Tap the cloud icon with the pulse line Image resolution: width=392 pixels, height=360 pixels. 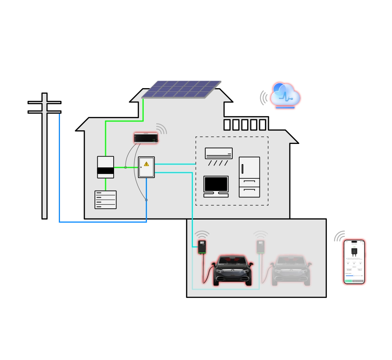285,95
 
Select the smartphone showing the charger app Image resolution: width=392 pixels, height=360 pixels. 354,261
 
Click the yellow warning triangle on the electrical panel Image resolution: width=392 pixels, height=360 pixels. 146,163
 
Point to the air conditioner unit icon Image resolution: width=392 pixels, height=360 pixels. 219,153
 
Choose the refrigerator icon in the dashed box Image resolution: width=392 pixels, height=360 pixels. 249,177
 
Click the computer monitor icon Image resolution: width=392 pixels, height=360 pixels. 216,185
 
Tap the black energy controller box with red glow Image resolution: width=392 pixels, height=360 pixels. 146,138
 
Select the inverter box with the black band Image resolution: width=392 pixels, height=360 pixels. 105,167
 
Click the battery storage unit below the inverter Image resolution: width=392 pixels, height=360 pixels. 105,200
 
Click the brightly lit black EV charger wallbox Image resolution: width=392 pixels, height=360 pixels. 202,247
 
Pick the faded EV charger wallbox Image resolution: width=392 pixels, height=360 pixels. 260,246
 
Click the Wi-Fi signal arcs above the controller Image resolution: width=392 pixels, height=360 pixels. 161,129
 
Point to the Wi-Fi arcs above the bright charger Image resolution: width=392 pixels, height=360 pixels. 202,235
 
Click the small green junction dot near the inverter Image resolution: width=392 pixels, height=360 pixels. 126,167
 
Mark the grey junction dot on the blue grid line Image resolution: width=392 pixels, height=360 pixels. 146,200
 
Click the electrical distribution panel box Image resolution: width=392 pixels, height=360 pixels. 146,167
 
